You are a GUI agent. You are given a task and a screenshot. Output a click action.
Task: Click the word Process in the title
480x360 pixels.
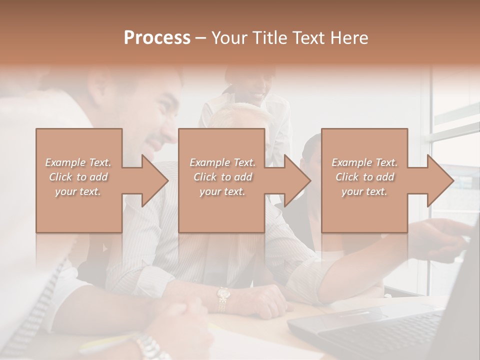click(x=157, y=38)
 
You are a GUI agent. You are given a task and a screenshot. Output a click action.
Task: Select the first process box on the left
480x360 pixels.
click(x=79, y=210)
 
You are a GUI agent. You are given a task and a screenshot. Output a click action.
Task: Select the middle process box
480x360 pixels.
click(x=221, y=210)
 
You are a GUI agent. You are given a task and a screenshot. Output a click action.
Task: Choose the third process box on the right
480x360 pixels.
click(x=364, y=210)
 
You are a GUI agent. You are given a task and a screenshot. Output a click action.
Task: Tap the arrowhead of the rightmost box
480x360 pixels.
click(x=440, y=180)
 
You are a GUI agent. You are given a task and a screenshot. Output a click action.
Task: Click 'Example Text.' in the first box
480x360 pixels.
click(x=78, y=162)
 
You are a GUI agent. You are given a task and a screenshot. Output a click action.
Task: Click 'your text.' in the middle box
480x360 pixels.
click(x=222, y=191)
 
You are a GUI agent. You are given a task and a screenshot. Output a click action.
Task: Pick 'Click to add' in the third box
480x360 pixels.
click(x=364, y=177)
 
